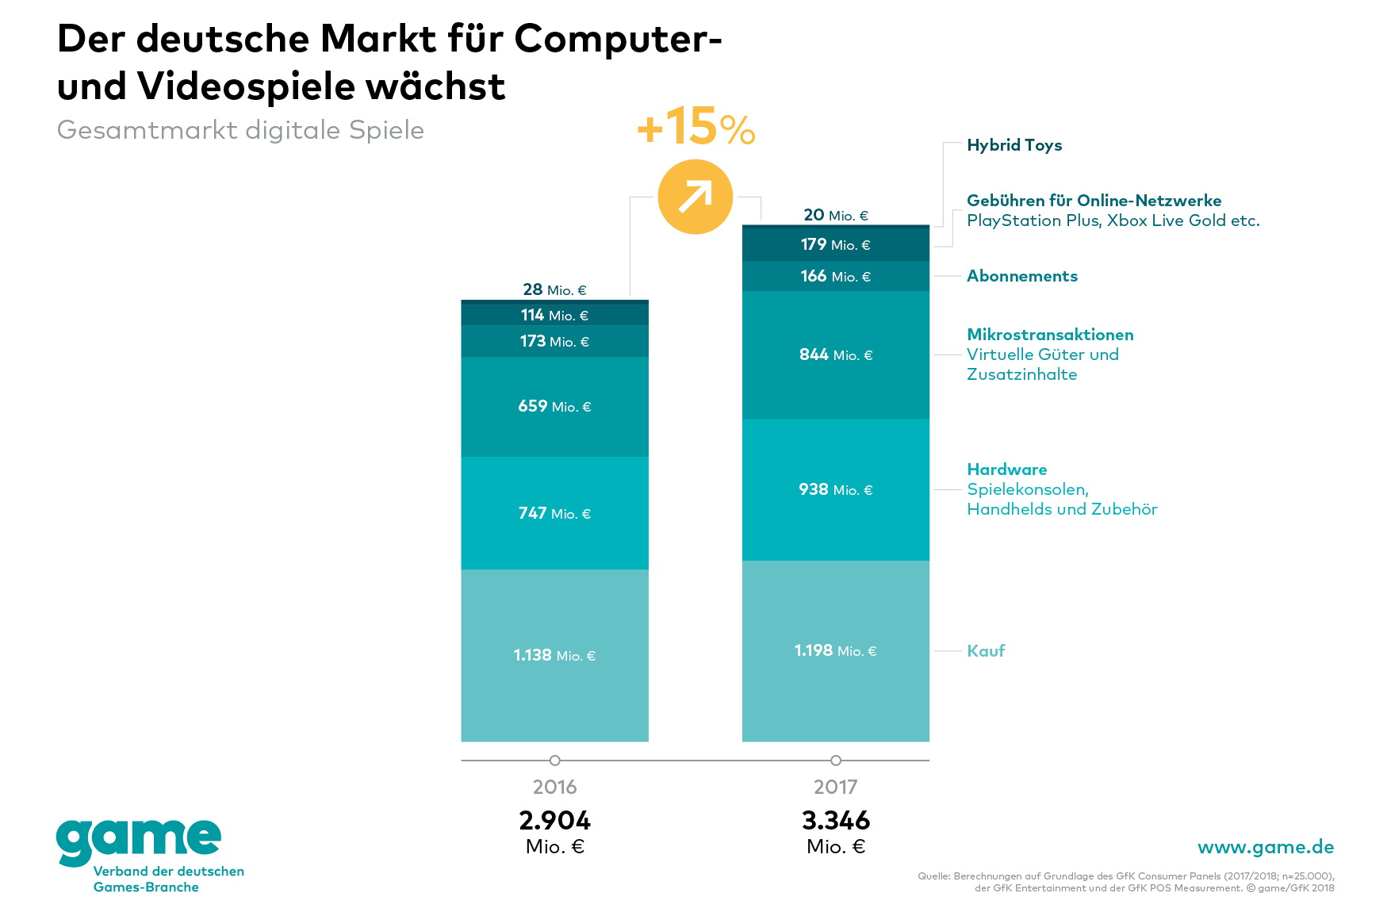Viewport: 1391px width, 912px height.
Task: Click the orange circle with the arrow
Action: (x=695, y=197)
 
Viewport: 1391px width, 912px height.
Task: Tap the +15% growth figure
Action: (x=695, y=127)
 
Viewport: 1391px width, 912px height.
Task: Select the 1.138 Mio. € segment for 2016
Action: (x=554, y=655)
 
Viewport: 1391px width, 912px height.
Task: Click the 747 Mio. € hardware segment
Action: (x=554, y=513)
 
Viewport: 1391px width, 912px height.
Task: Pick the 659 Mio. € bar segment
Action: (x=554, y=406)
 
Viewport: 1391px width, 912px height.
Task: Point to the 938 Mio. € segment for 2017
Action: (x=835, y=489)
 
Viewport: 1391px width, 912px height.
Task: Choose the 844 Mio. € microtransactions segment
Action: (x=835, y=354)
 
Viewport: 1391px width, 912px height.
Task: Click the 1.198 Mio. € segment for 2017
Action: (x=835, y=650)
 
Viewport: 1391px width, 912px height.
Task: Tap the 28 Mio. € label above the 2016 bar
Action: (x=554, y=289)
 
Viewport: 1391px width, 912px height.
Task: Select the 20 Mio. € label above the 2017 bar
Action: (x=835, y=215)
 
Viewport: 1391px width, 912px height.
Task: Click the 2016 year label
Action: (x=554, y=787)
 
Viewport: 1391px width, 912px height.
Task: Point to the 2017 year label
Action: (x=835, y=787)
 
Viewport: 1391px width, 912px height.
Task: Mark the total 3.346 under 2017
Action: (x=835, y=820)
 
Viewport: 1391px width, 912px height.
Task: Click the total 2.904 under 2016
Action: (x=554, y=820)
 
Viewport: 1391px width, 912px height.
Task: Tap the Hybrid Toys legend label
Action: (x=1014, y=145)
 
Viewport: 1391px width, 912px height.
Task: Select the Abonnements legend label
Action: (x=1021, y=276)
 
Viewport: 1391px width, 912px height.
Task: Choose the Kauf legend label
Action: (x=985, y=651)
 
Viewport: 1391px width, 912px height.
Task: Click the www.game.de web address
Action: (x=1265, y=847)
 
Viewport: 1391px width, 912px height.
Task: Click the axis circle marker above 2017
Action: (x=835, y=761)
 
